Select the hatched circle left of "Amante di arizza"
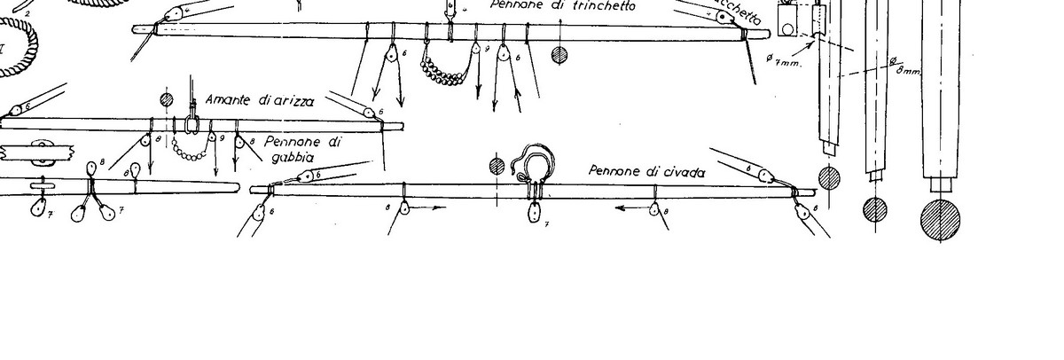pyautogui.click(x=166, y=98)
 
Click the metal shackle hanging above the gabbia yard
pyautogui.click(x=189, y=123)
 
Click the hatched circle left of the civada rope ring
pyautogui.click(x=497, y=166)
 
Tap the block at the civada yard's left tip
pyautogui.click(x=260, y=212)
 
